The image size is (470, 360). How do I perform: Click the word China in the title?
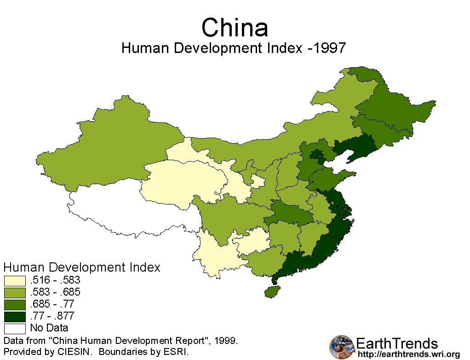[235, 28]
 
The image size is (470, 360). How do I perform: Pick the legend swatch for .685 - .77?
[15, 304]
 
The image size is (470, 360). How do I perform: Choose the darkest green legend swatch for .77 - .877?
[15, 316]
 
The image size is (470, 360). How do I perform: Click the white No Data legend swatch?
[15, 328]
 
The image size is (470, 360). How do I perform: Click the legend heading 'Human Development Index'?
[82, 267]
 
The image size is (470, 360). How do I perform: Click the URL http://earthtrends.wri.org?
[408, 354]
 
